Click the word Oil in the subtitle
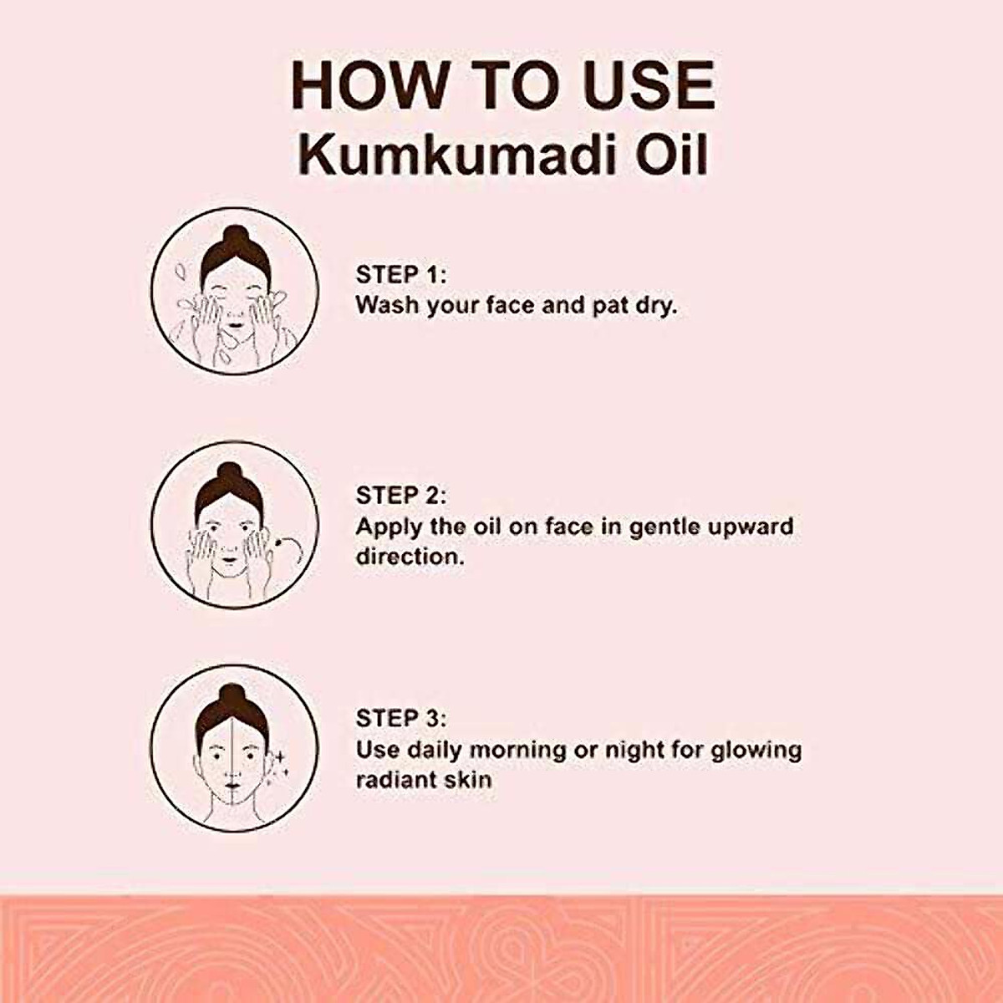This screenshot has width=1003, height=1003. point(671,155)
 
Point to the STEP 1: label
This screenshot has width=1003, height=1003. point(401,275)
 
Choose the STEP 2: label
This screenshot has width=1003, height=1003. point(401,496)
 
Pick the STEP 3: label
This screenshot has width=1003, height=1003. point(401,719)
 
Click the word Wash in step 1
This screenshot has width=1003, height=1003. point(387,305)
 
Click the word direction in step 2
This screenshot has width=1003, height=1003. point(410,557)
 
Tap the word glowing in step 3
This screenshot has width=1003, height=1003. point(756,750)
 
